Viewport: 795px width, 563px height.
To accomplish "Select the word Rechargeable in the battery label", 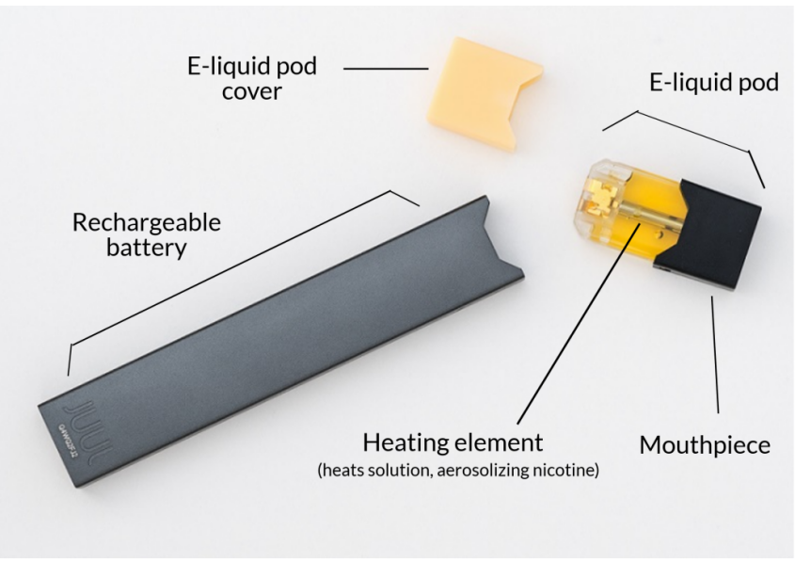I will [x=147, y=223].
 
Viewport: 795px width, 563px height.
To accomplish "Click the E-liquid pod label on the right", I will [x=714, y=83].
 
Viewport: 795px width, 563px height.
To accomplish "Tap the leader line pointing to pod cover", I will [x=385, y=68].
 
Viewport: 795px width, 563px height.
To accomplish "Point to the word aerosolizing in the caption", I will [x=502, y=469].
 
